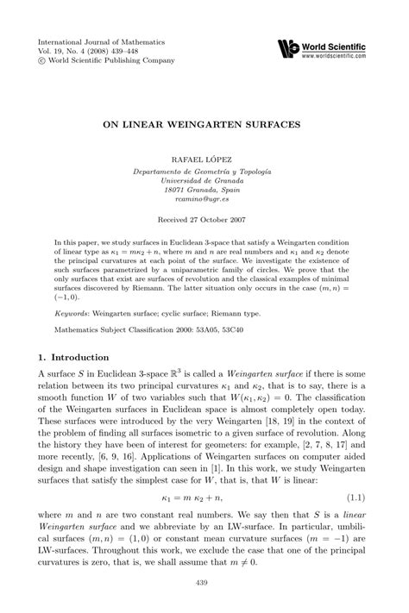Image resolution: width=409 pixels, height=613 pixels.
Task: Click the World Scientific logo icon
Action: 289,48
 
